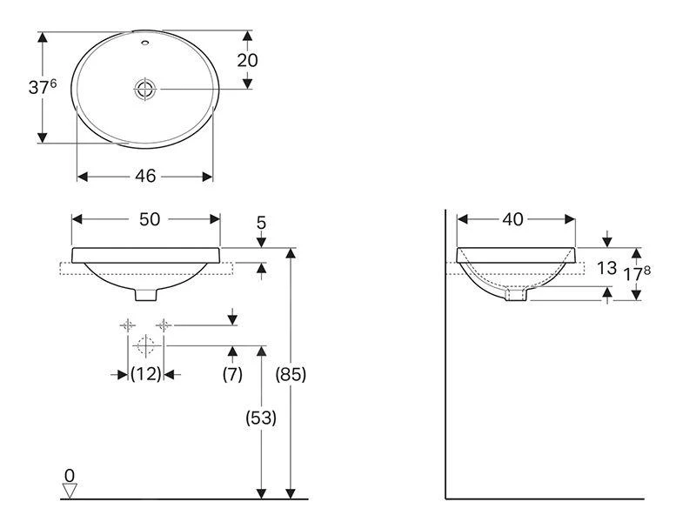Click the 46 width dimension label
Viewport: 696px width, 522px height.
(x=145, y=177)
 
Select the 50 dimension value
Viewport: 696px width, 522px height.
(x=150, y=219)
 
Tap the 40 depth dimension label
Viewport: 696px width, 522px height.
(x=513, y=219)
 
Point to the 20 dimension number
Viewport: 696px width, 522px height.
(x=247, y=60)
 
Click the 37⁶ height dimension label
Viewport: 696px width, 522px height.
(x=43, y=87)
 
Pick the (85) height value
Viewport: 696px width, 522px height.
(x=291, y=375)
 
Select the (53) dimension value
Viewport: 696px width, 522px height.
(x=261, y=418)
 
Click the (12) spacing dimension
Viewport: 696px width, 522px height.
(x=145, y=374)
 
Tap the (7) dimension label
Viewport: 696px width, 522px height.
(x=232, y=374)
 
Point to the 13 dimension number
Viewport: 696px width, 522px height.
(x=606, y=268)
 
